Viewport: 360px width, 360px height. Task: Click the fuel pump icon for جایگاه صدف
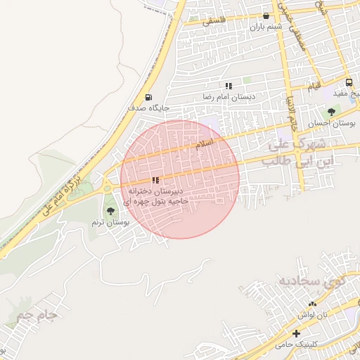pos(148,98)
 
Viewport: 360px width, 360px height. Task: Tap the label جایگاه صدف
pos(146,108)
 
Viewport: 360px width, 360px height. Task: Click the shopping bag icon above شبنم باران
pos(266,15)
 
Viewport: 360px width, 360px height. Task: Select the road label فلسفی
pos(215,22)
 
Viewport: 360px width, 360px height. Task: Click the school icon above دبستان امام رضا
pos(229,85)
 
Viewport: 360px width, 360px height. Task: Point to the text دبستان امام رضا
pos(229,96)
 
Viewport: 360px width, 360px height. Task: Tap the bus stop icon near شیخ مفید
pos(349,82)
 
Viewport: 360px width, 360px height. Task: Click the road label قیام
pos(314,85)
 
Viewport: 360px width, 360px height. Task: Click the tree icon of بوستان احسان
pos(331,111)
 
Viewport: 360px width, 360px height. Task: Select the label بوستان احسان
pos(330,122)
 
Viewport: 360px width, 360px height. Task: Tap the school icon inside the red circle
pos(155,180)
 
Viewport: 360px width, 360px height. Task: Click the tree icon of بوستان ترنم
pos(110,210)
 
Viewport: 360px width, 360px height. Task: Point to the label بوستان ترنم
pos(111,221)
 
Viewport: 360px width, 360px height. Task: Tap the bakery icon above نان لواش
pos(312,303)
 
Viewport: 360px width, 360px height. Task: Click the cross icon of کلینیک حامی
pos(296,333)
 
